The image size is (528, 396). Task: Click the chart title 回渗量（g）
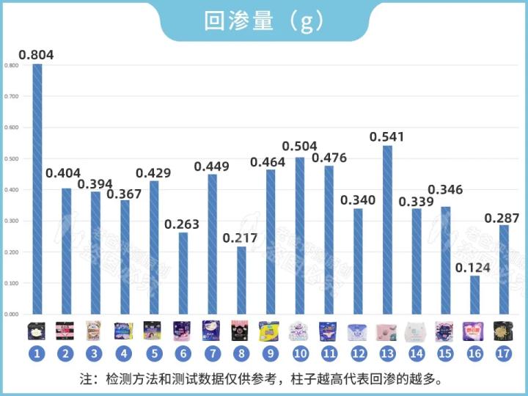click(264, 21)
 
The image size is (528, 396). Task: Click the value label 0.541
click(387, 136)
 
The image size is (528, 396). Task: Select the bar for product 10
click(299, 235)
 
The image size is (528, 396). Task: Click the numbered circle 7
click(212, 353)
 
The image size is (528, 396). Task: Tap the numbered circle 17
click(504, 353)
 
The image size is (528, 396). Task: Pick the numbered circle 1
click(37, 353)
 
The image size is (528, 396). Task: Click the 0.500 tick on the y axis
click(12, 158)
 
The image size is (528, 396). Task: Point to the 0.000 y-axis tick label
click(12, 314)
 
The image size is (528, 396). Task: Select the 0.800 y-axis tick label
click(12, 65)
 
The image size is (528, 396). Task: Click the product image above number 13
click(386, 331)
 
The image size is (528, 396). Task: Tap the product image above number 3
click(95, 331)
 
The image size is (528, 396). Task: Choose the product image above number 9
click(270, 331)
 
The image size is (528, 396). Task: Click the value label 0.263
click(182, 224)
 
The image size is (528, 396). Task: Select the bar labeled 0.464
click(271, 242)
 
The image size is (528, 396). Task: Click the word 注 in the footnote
click(85, 379)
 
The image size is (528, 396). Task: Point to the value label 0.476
click(329, 158)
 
